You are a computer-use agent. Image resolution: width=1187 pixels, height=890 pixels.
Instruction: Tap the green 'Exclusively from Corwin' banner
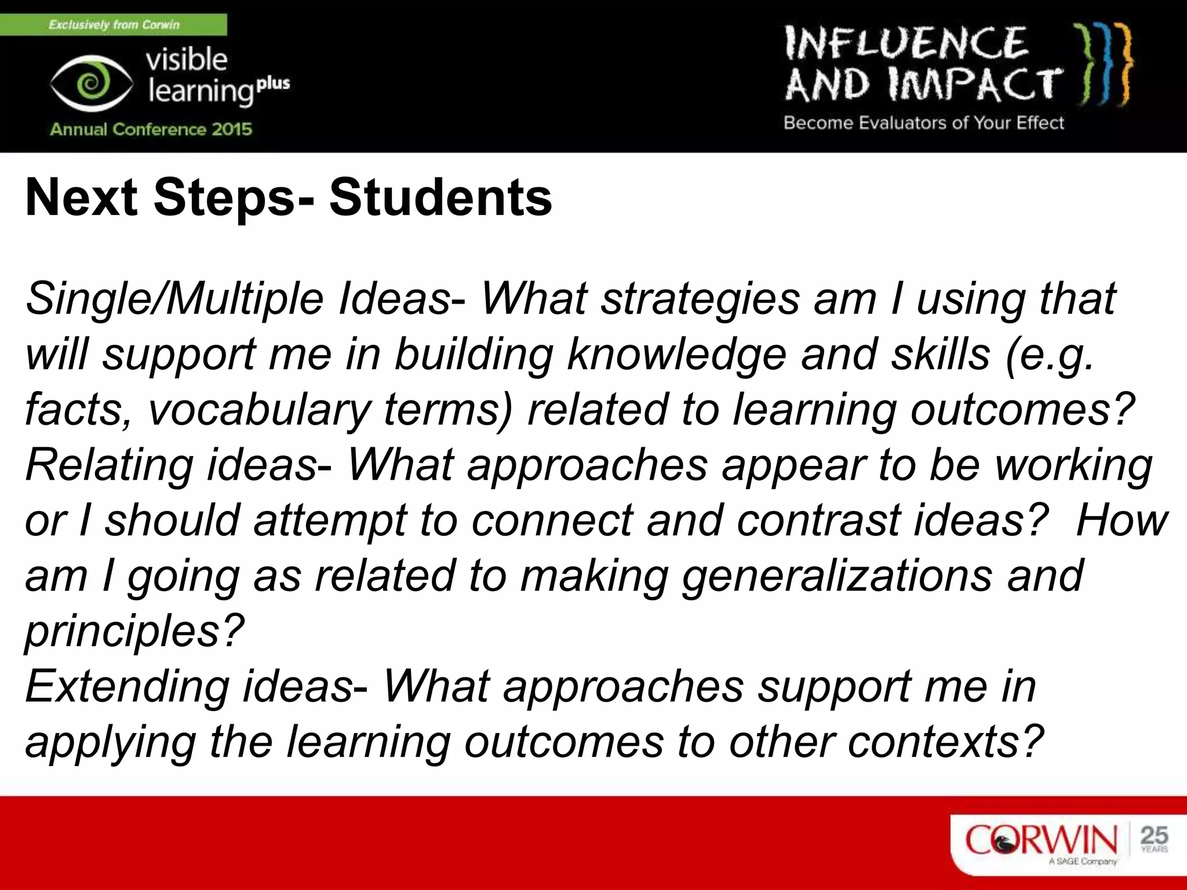pyautogui.click(x=114, y=25)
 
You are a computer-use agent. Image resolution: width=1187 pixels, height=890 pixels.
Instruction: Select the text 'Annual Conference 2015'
pyautogui.click(x=151, y=129)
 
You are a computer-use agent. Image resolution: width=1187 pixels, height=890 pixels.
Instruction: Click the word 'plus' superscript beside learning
pyautogui.click(x=273, y=83)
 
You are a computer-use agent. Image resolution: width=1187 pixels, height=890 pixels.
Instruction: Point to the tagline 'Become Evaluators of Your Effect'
pyautogui.click(x=924, y=123)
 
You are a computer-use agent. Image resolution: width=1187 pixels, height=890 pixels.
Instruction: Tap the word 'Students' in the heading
pyautogui.click(x=440, y=198)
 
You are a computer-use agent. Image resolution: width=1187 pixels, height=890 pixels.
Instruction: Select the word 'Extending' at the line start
pyautogui.click(x=128, y=687)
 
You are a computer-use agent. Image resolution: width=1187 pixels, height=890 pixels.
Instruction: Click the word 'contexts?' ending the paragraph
pyautogui.click(x=945, y=742)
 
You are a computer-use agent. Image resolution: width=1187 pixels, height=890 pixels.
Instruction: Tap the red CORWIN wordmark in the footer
pyautogui.click(x=1040, y=840)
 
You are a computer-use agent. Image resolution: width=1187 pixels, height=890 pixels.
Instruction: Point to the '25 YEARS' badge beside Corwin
pyautogui.click(x=1153, y=838)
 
